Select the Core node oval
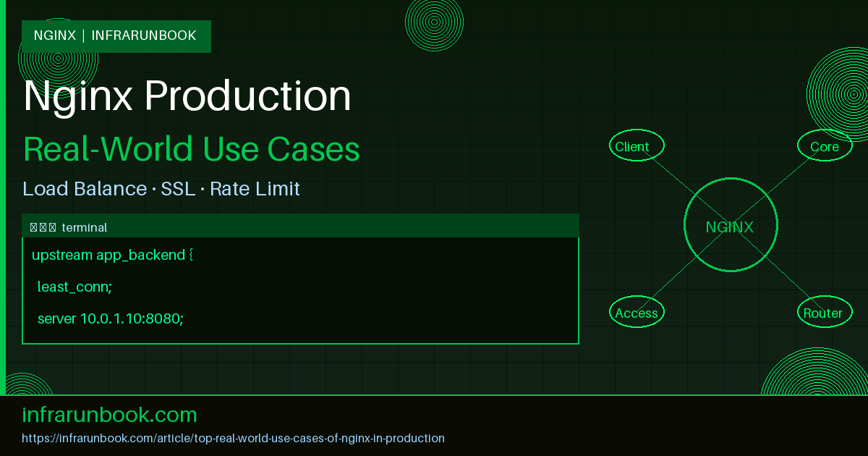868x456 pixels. (x=825, y=145)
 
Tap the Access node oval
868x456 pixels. (x=637, y=312)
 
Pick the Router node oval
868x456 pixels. (x=823, y=312)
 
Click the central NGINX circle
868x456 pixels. (x=731, y=226)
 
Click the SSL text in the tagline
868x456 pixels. (x=177, y=189)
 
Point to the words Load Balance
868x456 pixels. (x=85, y=189)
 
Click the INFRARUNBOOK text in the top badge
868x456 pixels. (x=144, y=35)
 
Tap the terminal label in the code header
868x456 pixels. (x=85, y=227)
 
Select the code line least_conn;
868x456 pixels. (x=75, y=287)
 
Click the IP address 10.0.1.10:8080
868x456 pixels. (x=131, y=318)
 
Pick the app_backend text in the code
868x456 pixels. (x=140, y=255)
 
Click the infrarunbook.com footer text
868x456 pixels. (x=110, y=415)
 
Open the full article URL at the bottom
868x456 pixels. (x=233, y=438)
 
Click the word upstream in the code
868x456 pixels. (x=61, y=255)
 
